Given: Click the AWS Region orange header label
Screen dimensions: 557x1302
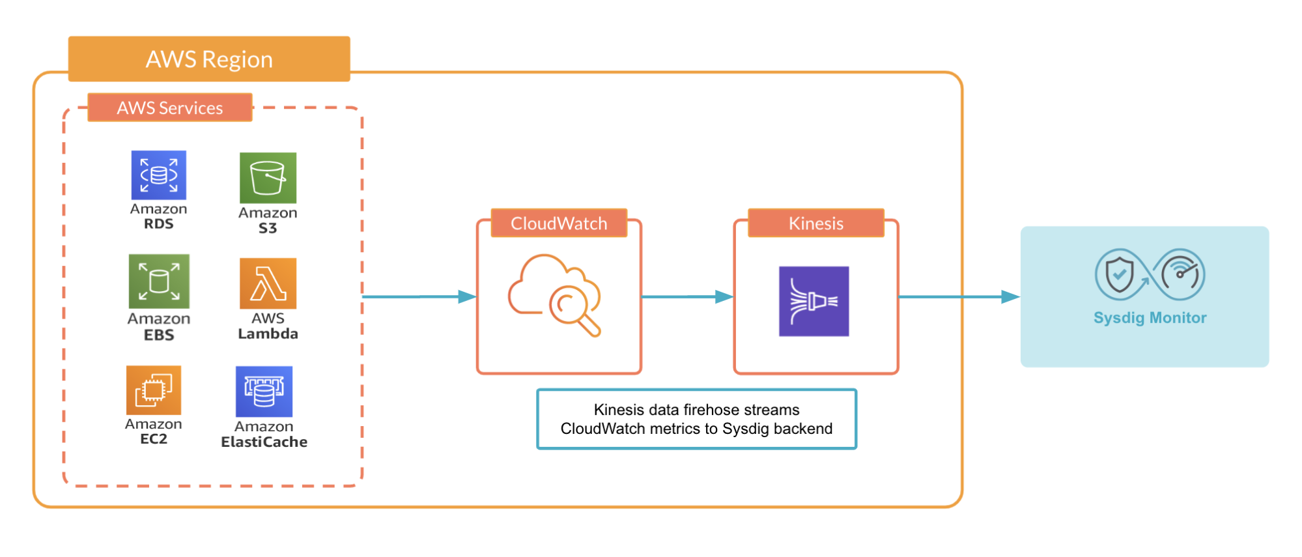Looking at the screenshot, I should coord(209,59).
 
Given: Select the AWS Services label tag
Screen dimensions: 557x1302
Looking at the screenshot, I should coord(169,107).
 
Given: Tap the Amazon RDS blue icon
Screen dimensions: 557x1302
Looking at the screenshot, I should coord(158,175).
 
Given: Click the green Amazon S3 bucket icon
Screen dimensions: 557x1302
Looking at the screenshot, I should coord(268,178).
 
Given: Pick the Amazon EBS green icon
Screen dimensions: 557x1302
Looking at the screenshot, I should coord(159,281).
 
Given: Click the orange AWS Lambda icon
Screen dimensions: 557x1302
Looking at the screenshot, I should coord(268,283).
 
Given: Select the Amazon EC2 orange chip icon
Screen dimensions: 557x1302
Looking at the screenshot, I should coord(154,390).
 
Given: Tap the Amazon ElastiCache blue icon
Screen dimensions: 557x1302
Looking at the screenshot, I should coord(264,392).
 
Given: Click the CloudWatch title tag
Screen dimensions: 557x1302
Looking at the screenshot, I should coord(559,223).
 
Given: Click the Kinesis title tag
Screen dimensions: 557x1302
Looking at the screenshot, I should coord(815,223).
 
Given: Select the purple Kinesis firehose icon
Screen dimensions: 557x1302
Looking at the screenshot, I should coord(814,301).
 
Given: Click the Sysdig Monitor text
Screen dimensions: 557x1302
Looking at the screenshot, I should coord(1150,318).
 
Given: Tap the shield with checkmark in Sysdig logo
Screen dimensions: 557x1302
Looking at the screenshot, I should coord(1119,274).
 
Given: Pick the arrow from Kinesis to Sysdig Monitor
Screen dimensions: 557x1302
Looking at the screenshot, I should coord(958,297).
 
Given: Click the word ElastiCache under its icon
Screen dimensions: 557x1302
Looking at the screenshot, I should coord(264,442).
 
